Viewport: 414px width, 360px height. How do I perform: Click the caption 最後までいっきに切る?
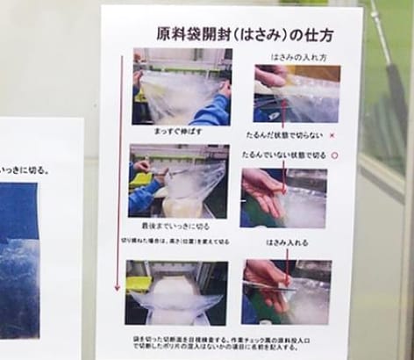point(178,224)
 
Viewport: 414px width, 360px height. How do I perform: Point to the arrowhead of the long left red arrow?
point(118,288)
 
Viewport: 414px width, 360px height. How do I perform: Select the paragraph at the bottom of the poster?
point(225,341)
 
